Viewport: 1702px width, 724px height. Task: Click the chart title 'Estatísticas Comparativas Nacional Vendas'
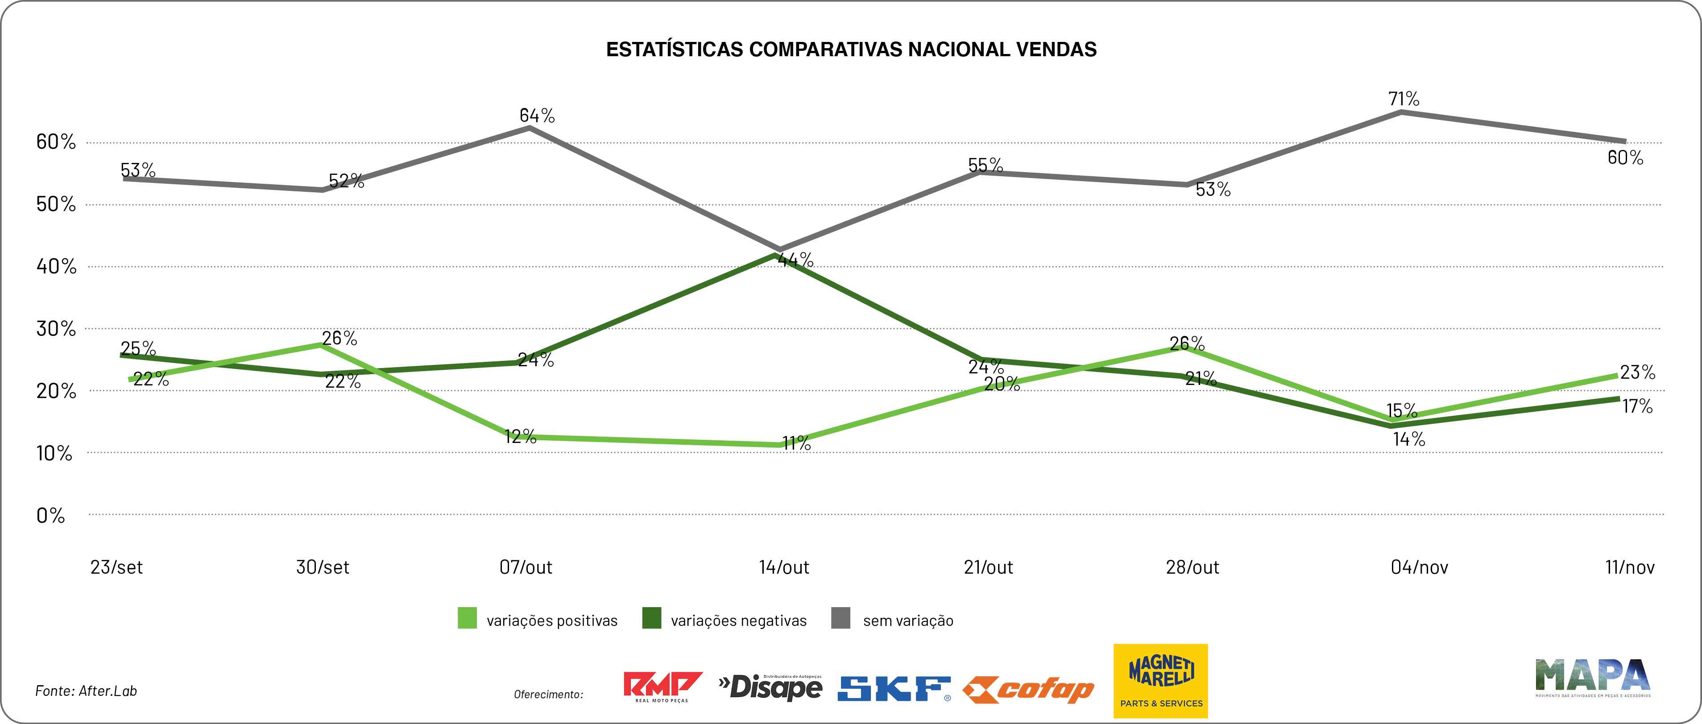pyautogui.click(x=851, y=50)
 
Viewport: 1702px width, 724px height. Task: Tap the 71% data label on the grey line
pyautogui.click(x=1404, y=99)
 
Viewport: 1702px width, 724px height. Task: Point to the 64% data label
pyautogui.click(x=537, y=116)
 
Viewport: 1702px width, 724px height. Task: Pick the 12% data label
pyautogui.click(x=520, y=437)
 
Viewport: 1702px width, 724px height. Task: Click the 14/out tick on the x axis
pyautogui.click(x=783, y=567)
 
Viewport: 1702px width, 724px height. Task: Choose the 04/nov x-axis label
pyautogui.click(x=1419, y=567)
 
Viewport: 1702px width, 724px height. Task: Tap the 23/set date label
pyautogui.click(x=116, y=567)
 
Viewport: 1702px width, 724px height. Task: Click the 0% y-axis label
pyautogui.click(x=51, y=515)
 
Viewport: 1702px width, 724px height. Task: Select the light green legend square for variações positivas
pyautogui.click(x=467, y=618)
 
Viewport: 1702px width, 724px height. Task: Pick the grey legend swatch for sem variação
pyautogui.click(x=841, y=618)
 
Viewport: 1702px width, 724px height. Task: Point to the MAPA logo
pyautogui.click(x=1592, y=677)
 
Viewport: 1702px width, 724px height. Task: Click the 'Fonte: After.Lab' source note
pyautogui.click(x=86, y=691)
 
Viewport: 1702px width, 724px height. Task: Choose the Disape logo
pyautogui.click(x=770, y=688)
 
